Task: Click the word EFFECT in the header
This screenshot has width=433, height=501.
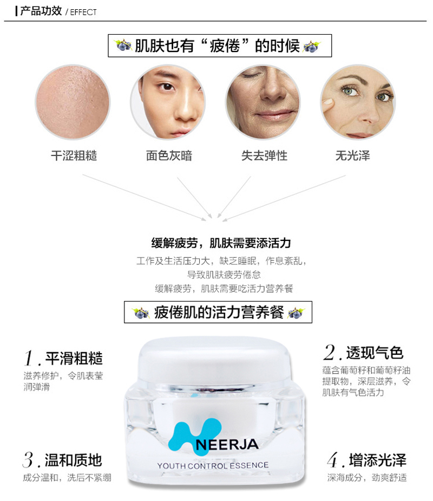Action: [83, 12]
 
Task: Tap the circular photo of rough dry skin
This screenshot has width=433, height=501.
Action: [73, 102]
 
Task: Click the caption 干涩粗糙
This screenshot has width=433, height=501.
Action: [74, 155]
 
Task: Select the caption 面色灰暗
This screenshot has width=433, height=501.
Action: [169, 155]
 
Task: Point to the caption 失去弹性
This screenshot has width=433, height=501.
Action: [264, 155]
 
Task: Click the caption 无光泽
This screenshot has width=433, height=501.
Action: [352, 155]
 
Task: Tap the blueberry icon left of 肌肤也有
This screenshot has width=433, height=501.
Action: [123, 45]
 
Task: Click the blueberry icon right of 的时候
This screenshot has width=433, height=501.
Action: [312, 47]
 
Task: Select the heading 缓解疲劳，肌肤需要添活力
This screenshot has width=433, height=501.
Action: [221, 243]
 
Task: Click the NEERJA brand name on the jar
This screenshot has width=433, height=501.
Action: [227, 445]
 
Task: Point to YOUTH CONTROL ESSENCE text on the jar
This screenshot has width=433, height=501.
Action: [213, 466]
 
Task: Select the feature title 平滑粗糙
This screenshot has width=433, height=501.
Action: [74, 358]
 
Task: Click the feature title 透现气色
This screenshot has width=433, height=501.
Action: [375, 353]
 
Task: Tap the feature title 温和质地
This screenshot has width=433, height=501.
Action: [74, 460]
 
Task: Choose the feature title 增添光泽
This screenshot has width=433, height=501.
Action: [378, 460]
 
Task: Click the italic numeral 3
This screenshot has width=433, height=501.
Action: [28, 460]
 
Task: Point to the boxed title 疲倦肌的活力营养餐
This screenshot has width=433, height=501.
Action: [219, 312]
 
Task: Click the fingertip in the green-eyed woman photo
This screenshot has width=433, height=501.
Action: [327, 103]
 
